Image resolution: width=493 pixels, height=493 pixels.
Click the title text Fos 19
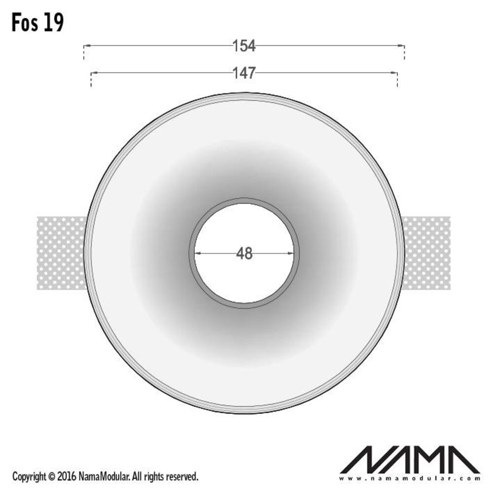(x=38, y=23)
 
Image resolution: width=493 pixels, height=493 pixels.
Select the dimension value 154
(x=244, y=46)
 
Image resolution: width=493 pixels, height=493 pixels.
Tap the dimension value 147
(x=244, y=73)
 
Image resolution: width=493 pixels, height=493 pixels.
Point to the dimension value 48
(x=244, y=253)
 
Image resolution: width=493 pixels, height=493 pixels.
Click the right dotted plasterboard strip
(x=427, y=253)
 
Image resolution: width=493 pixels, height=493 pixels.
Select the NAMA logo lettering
(x=410, y=460)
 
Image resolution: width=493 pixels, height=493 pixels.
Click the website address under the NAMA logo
(x=410, y=478)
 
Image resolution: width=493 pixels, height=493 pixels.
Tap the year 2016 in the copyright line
(x=67, y=477)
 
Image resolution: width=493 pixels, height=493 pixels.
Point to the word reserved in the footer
(x=182, y=477)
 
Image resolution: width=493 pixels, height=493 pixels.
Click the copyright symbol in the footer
(x=51, y=477)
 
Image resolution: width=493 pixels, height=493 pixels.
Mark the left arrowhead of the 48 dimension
(x=197, y=253)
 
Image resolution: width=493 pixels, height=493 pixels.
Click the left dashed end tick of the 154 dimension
(x=84, y=52)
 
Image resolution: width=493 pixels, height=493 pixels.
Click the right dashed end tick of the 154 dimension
(x=404, y=52)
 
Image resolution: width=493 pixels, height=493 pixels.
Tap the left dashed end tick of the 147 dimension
(x=92, y=79)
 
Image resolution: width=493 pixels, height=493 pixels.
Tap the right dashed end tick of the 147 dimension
(x=397, y=79)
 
